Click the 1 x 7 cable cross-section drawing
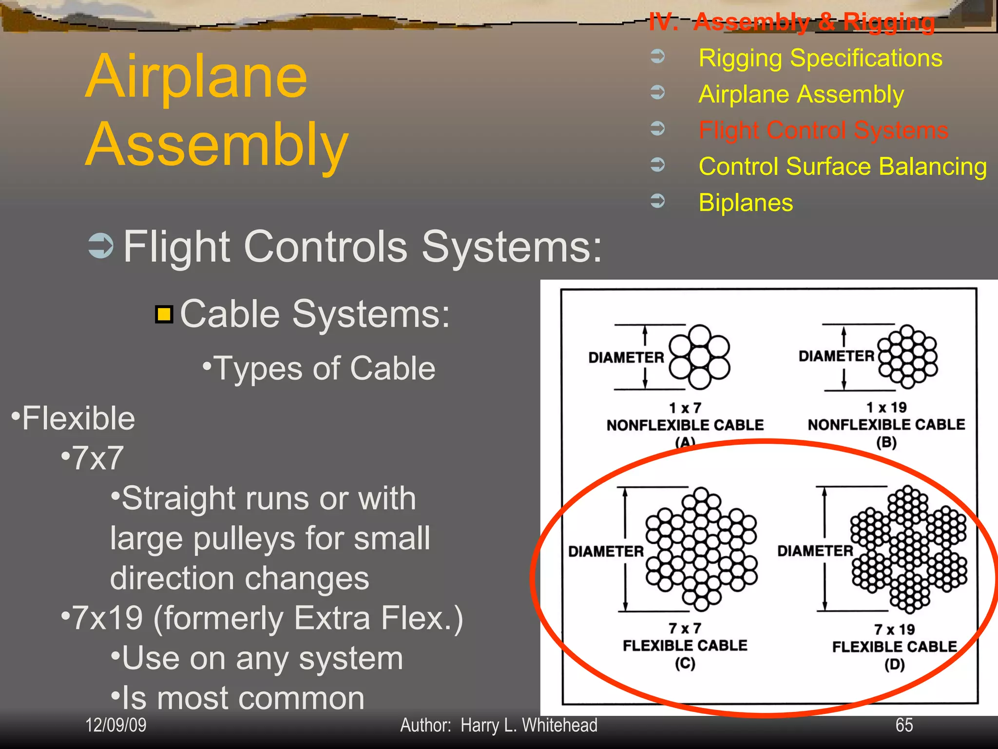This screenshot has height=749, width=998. [x=699, y=357]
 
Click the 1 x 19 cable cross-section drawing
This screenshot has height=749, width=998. [x=907, y=356]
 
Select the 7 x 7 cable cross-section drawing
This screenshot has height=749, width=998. [x=701, y=549]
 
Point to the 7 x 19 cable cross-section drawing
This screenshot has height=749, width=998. [x=909, y=549]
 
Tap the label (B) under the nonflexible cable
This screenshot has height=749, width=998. [x=886, y=442]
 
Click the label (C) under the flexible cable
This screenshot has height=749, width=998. [x=685, y=663]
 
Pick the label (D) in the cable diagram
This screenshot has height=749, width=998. [x=894, y=664]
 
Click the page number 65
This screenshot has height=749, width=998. [x=904, y=725]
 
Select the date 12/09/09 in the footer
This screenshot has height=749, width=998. [x=116, y=725]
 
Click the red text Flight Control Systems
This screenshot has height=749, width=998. [x=823, y=130]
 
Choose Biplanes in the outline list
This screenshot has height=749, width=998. [x=746, y=202]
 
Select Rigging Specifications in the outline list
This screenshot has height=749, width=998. [x=820, y=58]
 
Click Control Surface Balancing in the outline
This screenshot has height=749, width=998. [x=843, y=166]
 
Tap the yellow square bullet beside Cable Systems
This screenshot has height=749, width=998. [x=164, y=315]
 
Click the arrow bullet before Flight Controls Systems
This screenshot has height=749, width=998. [x=101, y=246]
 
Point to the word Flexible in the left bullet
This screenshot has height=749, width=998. [x=78, y=418]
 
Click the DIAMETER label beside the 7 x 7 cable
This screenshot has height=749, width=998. [x=606, y=552]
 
